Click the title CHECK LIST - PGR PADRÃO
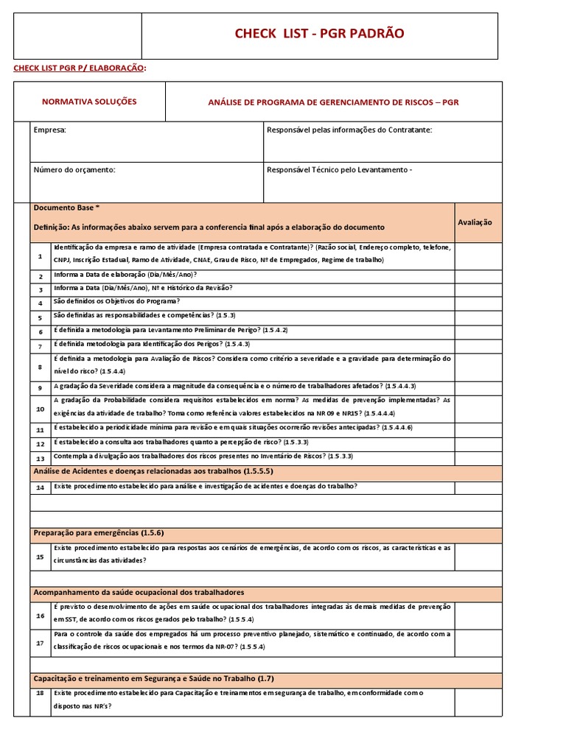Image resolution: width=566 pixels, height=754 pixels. [319, 34]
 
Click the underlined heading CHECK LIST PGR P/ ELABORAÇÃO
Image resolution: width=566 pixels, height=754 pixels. [80, 68]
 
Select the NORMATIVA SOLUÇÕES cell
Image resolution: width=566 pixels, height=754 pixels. [89, 102]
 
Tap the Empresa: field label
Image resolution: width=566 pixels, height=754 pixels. [50, 130]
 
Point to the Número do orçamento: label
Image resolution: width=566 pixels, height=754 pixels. [74, 170]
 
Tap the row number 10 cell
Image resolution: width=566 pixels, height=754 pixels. [40, 409]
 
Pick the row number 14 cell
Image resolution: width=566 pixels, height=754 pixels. [40, 487]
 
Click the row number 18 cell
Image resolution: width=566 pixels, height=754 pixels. [40, 693]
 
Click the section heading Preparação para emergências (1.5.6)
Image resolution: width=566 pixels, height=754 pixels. [99, 533]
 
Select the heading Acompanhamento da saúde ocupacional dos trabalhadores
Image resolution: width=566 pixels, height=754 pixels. [139, 592]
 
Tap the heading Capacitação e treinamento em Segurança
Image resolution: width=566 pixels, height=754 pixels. [155, 678]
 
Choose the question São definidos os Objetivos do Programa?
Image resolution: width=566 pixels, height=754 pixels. [116, 302]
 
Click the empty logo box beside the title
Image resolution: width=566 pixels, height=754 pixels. [77, 34]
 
